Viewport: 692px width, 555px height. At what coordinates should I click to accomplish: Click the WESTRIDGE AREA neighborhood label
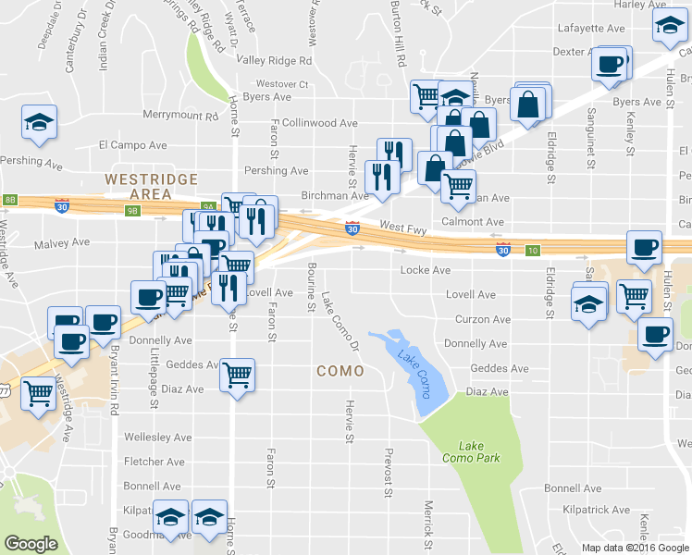[139, 186]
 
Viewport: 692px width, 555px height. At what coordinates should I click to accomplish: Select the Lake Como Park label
[463, 452]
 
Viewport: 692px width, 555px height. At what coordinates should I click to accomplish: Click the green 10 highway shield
[533, 251]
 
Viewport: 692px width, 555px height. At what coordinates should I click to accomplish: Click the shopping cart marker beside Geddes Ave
[238, 376]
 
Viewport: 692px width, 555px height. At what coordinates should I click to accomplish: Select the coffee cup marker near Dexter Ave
[610, 65]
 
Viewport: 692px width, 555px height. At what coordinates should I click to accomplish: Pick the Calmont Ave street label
[472, 222]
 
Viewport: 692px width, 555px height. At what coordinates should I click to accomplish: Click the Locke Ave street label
[425, 270]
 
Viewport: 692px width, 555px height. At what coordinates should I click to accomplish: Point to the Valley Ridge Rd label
[274, 60]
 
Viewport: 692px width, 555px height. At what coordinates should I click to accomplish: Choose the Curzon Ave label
[483, 319]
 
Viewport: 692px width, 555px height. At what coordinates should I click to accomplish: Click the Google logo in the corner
[31, 543]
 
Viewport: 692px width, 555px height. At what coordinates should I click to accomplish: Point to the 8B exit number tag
[10, 199]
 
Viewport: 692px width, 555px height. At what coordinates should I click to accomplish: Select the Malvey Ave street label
[61, 243]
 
